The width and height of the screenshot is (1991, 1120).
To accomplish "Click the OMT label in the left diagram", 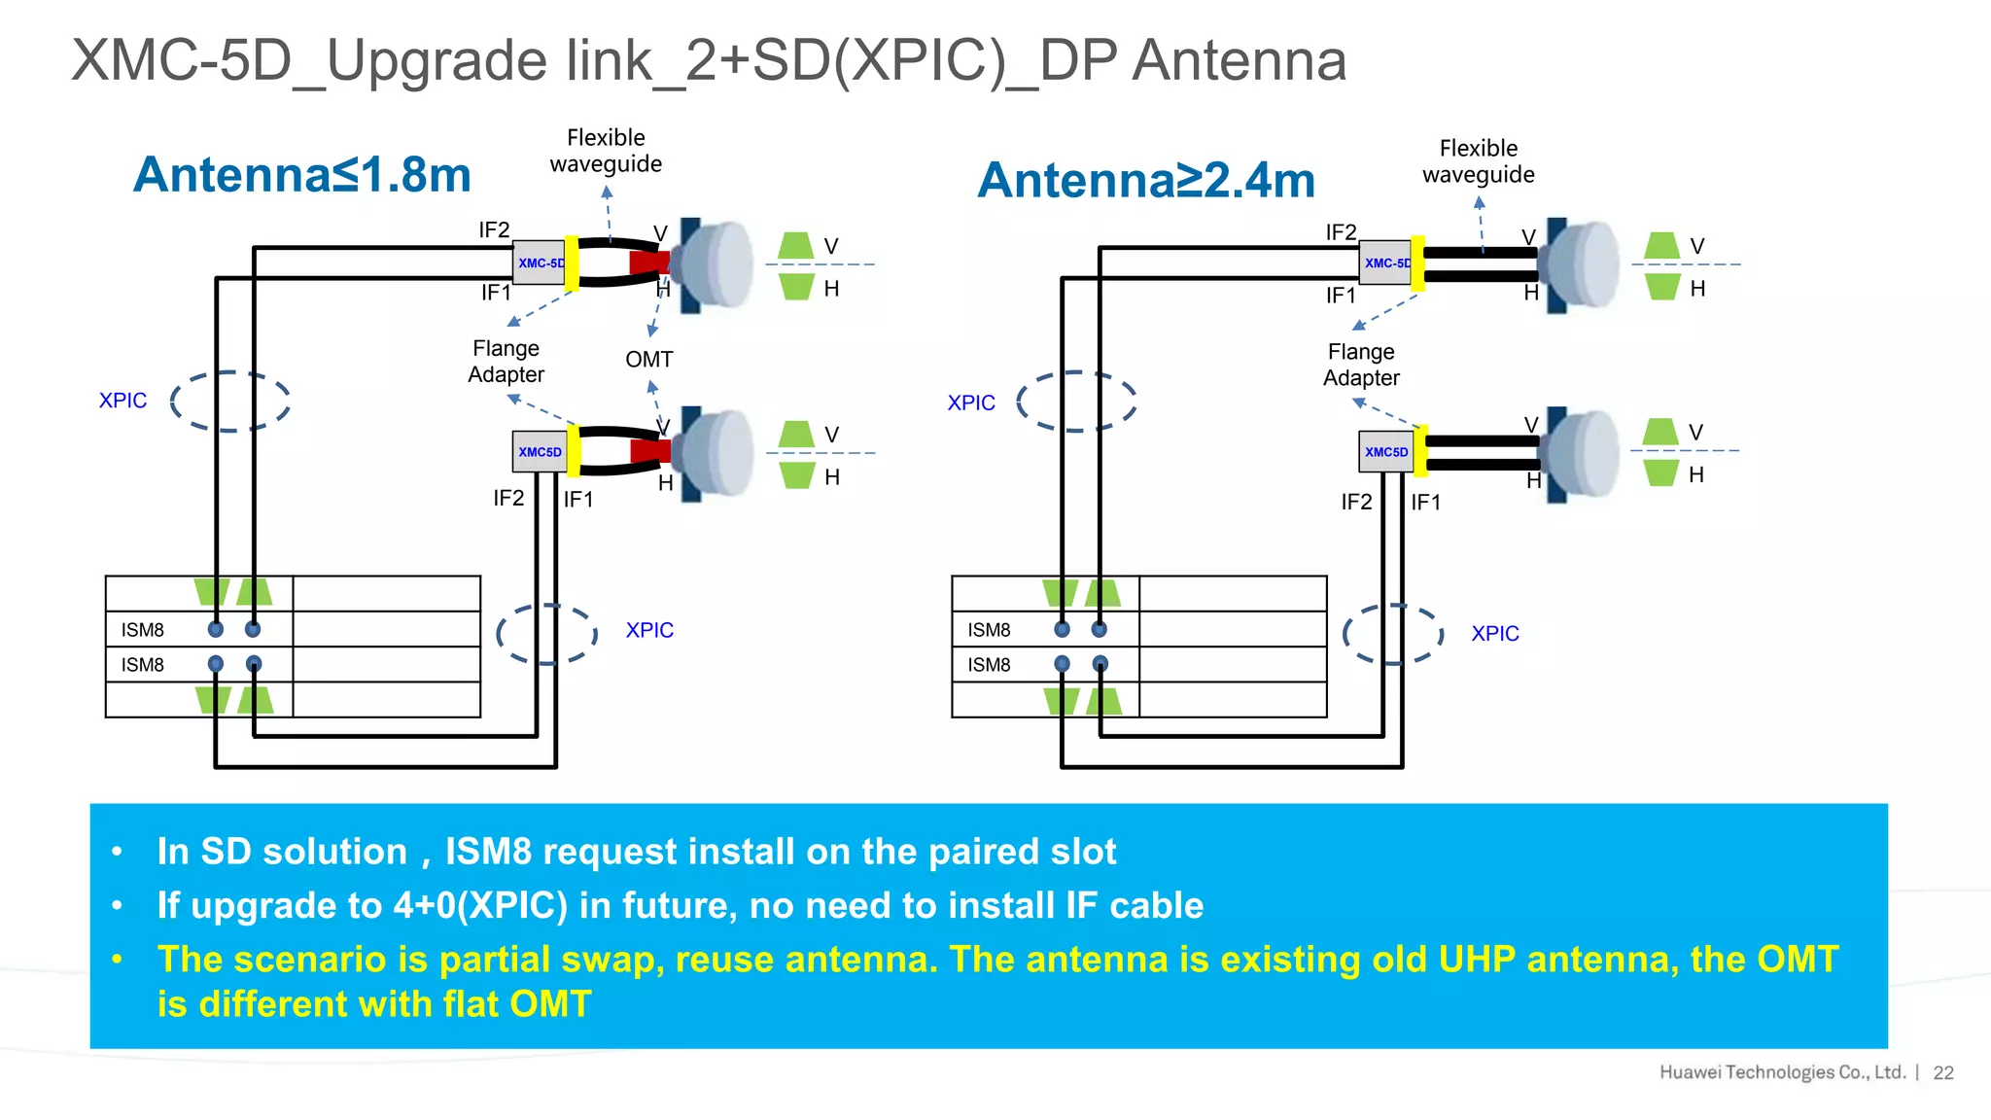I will pyautogui.click(x=648, y=360).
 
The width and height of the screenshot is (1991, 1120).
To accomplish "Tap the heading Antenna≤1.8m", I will pyautogui.click(x=302, y=175).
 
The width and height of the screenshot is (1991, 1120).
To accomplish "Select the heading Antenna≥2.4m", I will pyautogui.click(x=1146, y=180).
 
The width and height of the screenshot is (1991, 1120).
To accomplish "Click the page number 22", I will pyautogui.click(x=1942, y=1072).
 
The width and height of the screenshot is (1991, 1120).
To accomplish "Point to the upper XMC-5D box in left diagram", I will pyautogui.click(x=540, y=262).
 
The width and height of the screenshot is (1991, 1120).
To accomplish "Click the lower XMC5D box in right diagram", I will pyautogui.click(x=1385, y=452).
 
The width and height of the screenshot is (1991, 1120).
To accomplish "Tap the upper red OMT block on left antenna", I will pyautogui.click(x=648, y=262).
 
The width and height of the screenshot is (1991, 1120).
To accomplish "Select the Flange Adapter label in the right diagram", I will pyautogui.click(x=1360, y=365).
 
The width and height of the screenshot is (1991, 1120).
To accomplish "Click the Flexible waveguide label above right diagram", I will pyautogui.click(x=1478, y=161).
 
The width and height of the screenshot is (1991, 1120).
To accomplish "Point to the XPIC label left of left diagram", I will pyautogui.click(x=122, y=401).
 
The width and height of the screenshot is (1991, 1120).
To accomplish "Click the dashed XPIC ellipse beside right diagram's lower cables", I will pyautogui.click(x=1392, y=634).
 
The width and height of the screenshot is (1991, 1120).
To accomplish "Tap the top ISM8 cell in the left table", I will pyautogui.click(x=143, y=630).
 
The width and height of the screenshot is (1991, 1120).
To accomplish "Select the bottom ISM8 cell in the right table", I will pyautogui.click(x=989, y=665).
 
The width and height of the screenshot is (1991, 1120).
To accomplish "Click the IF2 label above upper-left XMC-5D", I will pyautogui.click(x=494, y=230).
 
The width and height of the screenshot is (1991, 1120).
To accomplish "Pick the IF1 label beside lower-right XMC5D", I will pyautogui.click(x=1425, y=503).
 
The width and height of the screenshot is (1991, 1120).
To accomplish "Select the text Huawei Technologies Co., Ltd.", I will pyautogui.click(x=1781, y=1072).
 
